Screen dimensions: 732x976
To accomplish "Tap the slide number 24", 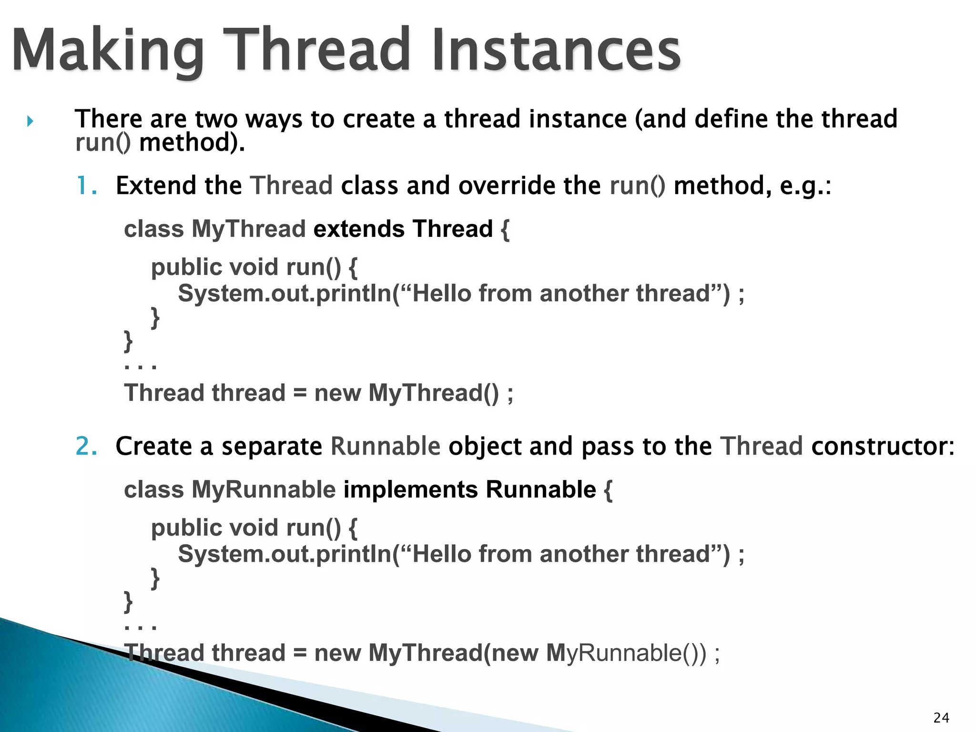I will [x=941, y=717].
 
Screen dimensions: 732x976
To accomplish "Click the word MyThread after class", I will [x=248, y=229].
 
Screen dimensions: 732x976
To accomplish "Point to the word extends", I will [x=359, y=229].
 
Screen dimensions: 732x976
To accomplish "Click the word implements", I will [x=410, y=490].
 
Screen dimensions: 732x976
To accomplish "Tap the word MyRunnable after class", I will [x=264, y=490].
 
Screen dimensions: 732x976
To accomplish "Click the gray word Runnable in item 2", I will [x=385, y=447].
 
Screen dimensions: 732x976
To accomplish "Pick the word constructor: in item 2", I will [x=883, y=447].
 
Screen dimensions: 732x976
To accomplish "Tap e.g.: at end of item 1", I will [x=805, y=186].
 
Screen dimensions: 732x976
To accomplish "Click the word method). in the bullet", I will [x=192, y=143].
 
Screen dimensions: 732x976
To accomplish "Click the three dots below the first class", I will [x=140, y=366].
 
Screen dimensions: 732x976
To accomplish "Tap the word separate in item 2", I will [x=272, y=447].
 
